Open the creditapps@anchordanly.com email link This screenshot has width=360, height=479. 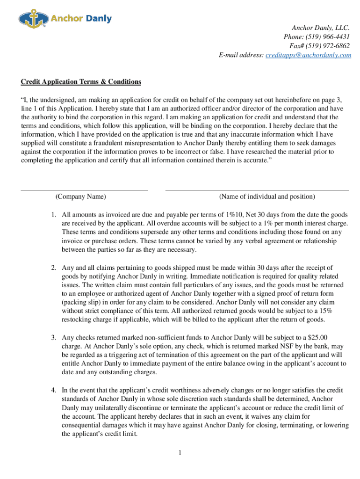(x=308, y=55)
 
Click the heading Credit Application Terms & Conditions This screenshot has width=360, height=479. (x=81, y=82)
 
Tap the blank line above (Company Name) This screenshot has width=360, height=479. (x=84, y=190)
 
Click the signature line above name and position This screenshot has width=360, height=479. (x=257, y=190)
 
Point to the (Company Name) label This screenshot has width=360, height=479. (x=81, y=196)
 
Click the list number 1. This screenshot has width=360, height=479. (x=54, y=214)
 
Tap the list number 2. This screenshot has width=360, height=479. (x=54, y=268)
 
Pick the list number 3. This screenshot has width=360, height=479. (x=54, y=337)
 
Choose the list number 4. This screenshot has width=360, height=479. (x=54, y=390)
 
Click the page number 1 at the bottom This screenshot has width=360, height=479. (x=180, y=453)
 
